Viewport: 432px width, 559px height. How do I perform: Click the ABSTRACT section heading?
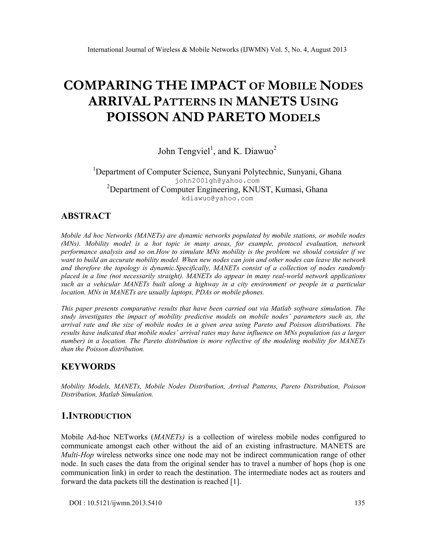point(86,216)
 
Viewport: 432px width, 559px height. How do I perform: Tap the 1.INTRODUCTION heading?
point(96,416)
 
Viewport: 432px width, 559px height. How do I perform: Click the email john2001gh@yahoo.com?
point(217,181)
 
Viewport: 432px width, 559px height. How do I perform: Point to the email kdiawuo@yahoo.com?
point(217,198)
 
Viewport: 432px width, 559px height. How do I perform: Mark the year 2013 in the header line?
point(339,50)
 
